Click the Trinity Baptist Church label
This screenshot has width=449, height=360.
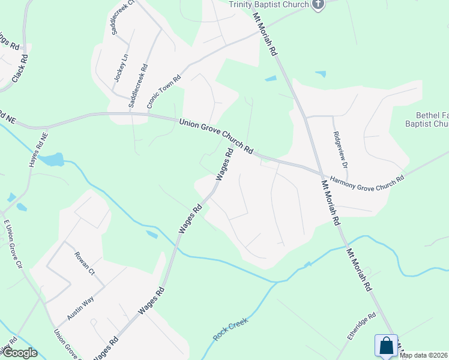[268, 4]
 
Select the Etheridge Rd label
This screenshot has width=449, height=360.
[361, 326]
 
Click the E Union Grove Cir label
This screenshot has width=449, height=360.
[12, 243]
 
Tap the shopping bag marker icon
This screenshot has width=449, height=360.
[386, 346]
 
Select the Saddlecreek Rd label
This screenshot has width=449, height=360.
[136, 87]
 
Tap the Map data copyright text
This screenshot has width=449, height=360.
[424, 355]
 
